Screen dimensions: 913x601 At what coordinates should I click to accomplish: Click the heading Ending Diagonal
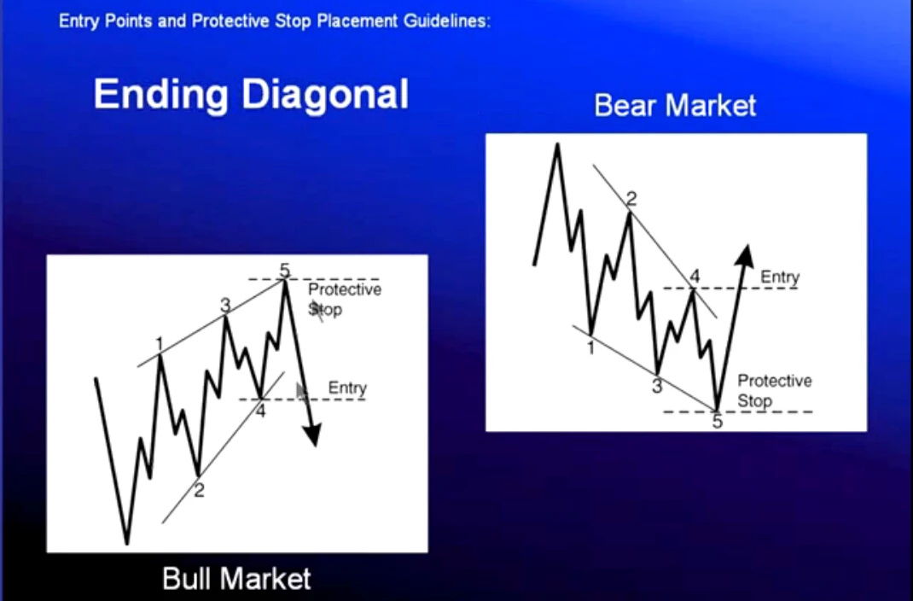tap(251, 95)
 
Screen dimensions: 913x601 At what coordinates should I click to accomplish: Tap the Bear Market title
tap(675, 106)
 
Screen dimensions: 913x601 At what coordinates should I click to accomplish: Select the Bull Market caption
tap(236, 579)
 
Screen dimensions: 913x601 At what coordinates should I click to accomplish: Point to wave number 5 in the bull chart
tap(284, 271)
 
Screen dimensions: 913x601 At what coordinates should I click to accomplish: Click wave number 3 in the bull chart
tap(225, 305)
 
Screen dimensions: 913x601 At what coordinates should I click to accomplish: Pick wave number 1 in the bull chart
tap(160, 345)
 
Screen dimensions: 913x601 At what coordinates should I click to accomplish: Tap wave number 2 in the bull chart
tap(199, 491)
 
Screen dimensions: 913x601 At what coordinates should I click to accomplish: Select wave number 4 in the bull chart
tap(260, 411)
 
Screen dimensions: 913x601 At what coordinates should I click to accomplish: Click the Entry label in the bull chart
tap(347, 388)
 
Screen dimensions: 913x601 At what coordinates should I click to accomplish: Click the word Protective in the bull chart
tap(345, 289)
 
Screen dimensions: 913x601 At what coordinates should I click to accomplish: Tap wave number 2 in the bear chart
tap(631, 199)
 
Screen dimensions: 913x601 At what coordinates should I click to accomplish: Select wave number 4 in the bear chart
tap(694, 276)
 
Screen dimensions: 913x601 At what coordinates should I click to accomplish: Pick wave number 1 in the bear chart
tap(590, 347)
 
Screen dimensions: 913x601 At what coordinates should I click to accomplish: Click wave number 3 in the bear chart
tap(657, 386)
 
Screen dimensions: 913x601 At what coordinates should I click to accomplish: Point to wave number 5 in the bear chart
tap(718, 421)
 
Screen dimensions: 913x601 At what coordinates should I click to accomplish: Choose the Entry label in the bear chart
tap(780, 277)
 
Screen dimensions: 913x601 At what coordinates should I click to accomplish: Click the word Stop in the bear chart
tap(754, 401)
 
